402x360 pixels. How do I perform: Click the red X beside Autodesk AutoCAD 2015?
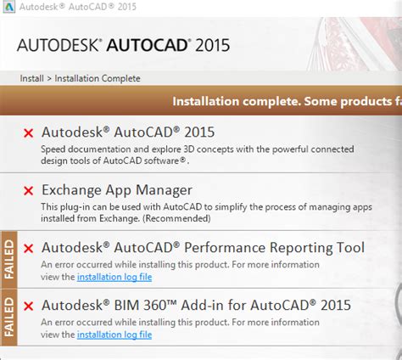tap(29, 132)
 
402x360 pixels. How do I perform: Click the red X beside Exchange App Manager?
tap(29, 191)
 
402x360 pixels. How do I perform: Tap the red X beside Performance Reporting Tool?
tap(29, 248)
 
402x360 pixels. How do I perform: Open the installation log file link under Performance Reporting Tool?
tap(114, 278)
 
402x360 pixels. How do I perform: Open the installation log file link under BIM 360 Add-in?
tap(114, 335)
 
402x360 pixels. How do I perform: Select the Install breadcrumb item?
tap(31, 79)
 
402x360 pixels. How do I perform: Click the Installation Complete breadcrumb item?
tap(98, 79)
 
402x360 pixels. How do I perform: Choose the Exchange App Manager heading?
tap(117, 190)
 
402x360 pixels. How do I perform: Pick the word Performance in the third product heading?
tap(248, 248)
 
